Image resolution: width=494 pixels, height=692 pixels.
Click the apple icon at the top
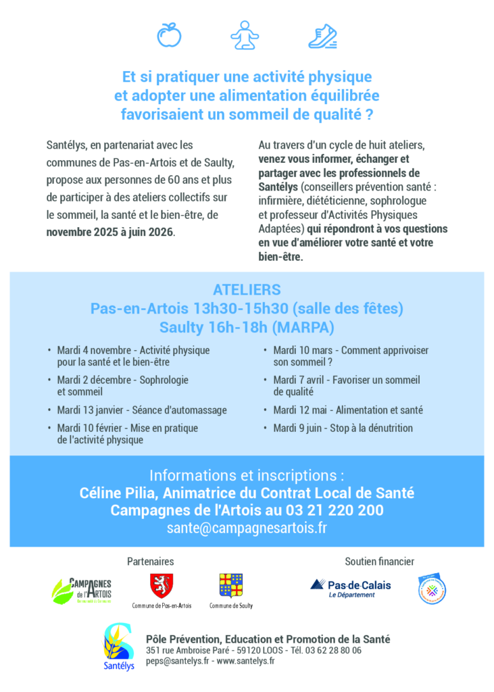(x=169, y=34)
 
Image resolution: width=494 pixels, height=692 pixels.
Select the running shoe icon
(x=322, y=35)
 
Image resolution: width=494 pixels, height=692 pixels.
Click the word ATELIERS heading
(x=247, y=290)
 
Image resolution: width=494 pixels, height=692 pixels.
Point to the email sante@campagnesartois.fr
(x=247, y=528)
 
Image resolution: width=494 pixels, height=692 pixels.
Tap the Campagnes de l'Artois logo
(x=82, y=590)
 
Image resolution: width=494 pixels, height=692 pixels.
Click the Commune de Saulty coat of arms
(x=230, y=585)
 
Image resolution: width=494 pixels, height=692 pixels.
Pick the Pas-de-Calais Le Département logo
(x=351, y=589)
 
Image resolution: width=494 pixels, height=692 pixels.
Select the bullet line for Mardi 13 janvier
(x=142, y=410)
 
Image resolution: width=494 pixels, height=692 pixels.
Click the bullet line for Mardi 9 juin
(x=343, y=428)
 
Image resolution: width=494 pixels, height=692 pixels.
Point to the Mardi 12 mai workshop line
(x=347, y=410)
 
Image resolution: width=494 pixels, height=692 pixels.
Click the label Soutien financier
(x=379, y=562)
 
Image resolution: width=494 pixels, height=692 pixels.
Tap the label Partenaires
(x=150, y=562)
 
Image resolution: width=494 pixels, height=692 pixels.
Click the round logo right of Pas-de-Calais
(x=432, y=589)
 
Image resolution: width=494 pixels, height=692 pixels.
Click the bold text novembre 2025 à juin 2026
(x=110, y=232)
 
